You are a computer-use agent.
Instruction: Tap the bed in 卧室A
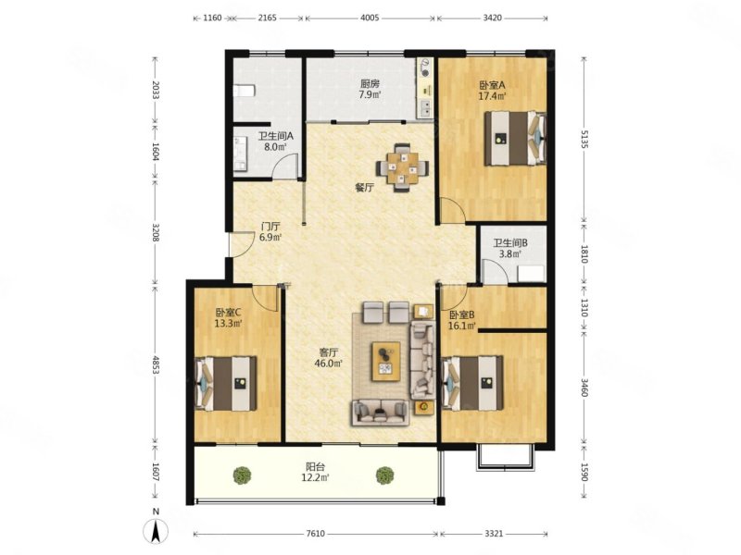(516, 138)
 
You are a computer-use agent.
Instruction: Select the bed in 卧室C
(226, 383)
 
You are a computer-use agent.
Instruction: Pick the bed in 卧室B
(471, 383)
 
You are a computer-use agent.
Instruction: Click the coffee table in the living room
(386, 361)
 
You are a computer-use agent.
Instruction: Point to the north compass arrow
(157, 530)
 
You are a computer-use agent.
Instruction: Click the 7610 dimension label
(316, 534)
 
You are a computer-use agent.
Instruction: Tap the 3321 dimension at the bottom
(494, 534)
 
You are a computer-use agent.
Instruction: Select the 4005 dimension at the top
(370, 18)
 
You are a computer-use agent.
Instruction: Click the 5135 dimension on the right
(584, 140)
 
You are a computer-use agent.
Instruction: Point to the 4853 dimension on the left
(156, 364)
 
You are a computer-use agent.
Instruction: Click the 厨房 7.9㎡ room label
(370, 89)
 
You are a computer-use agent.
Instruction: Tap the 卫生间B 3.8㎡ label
(510, 249)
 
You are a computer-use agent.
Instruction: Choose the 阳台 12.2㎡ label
(315, 473)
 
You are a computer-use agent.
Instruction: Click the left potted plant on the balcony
(242, 475)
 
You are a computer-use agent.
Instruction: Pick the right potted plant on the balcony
(385, 475)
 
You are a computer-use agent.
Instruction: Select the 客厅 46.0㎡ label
(329, 358)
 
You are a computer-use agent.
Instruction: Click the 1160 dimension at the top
(212, 18)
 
